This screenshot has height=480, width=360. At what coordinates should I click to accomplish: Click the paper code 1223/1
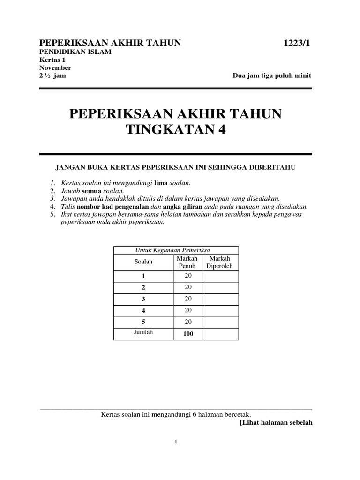297,44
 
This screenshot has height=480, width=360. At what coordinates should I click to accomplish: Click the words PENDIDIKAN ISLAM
75,52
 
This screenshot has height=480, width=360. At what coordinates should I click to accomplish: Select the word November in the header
55,67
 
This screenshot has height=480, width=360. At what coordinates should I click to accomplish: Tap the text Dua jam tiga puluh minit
272,76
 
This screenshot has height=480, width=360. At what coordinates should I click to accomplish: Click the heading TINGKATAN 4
176,130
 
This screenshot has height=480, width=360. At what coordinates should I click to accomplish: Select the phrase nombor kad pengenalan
105,206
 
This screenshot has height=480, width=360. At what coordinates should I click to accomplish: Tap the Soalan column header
143,262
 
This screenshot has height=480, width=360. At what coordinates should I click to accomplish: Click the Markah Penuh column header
187,262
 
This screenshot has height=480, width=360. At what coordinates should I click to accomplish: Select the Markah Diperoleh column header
220,262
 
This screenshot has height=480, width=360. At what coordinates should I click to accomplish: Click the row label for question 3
143,299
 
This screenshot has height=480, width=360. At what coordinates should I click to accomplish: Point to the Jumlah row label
143,332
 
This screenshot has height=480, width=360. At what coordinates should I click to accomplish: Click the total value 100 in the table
188,334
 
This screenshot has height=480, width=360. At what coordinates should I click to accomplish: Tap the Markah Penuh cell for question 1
188,276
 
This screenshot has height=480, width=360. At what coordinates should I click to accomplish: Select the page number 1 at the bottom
175,442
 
